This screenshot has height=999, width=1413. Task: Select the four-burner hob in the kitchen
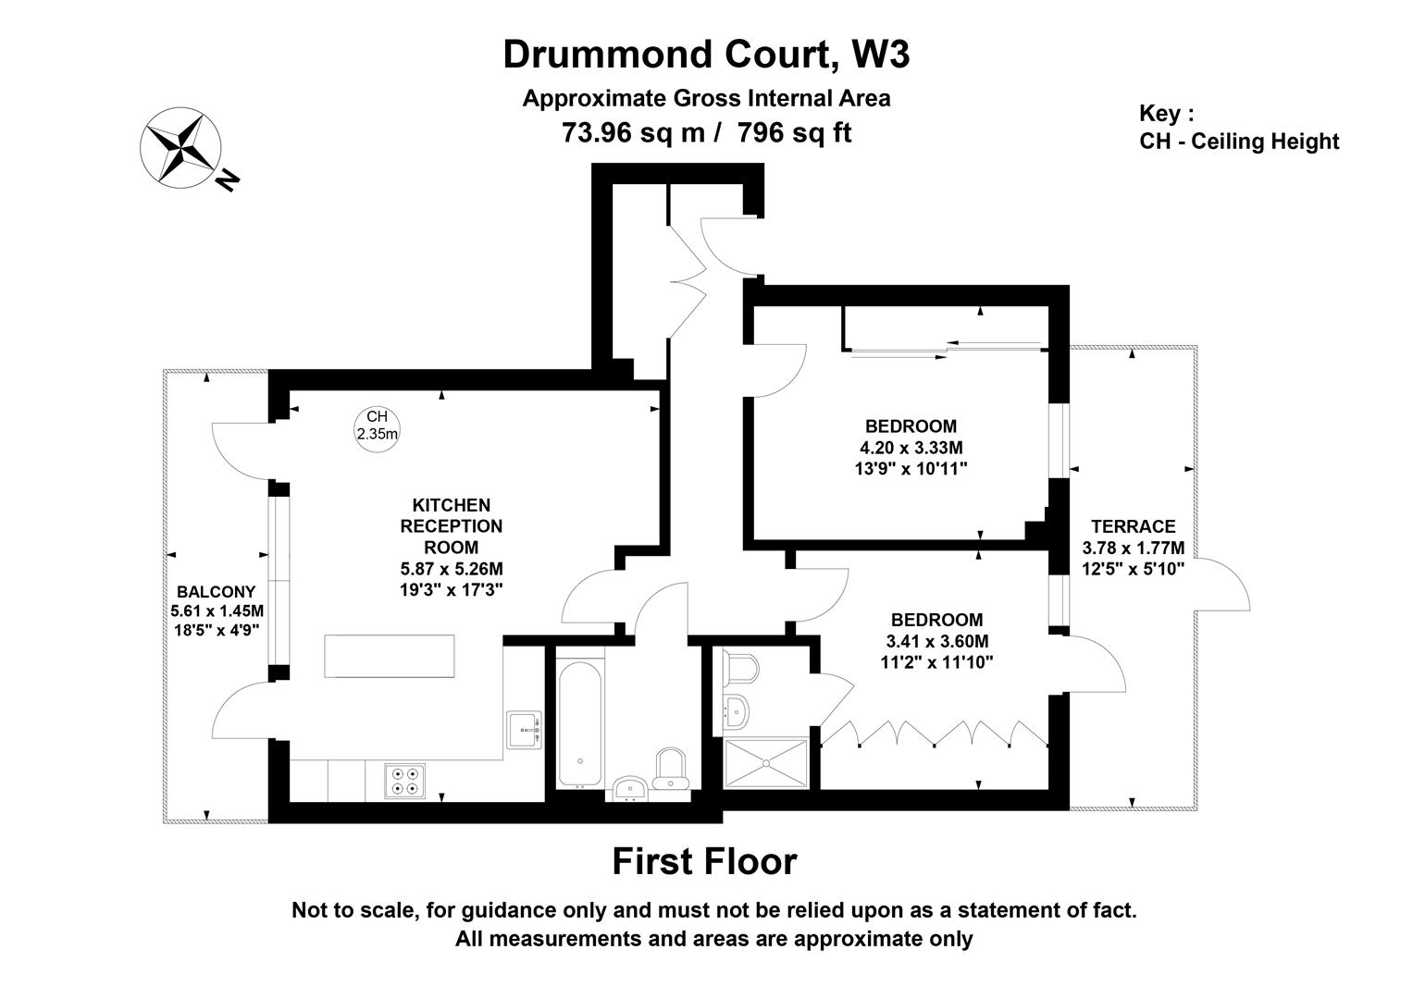click(404, 780)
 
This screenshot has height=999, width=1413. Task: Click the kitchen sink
click(524, 730)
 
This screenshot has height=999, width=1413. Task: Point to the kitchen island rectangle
click(390, 657)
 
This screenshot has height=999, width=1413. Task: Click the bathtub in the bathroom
click(579, 722)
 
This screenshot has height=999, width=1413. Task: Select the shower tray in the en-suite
click(765, 763)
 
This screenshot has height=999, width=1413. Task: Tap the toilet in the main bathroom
click(670, 770)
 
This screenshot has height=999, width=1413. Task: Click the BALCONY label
click(217, 592)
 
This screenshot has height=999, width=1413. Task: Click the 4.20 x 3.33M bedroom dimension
click(911, 448)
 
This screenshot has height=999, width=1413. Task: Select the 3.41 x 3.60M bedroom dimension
click(936, 641)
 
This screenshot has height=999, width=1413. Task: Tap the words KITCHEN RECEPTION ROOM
click(451, 525)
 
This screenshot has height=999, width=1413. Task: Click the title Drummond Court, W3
click(706, 55)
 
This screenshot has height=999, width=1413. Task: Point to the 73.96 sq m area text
click(634, 133)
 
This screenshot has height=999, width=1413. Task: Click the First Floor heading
click(704, 861)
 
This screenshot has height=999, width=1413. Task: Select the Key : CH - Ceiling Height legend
click(1238, 128)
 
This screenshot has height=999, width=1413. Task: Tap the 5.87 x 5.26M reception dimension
click(451, 568)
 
